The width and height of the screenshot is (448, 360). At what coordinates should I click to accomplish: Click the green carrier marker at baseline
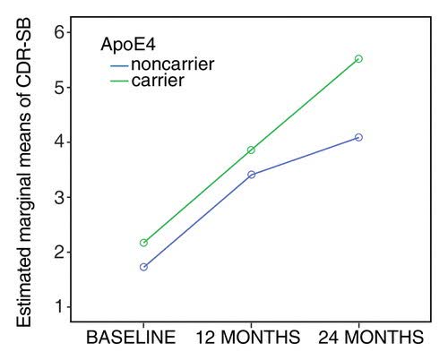(x=143, y=243)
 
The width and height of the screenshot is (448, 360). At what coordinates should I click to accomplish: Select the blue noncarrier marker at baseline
(x=143, y=267)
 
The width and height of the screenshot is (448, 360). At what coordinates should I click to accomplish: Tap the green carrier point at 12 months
(x=251, y=150)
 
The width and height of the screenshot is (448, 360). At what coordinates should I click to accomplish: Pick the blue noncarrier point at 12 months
(x=251, y=174)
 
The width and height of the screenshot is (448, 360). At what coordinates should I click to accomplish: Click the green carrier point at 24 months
(x=358, y=58)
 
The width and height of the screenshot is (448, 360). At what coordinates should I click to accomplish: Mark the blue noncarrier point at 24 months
(x=358, y=137)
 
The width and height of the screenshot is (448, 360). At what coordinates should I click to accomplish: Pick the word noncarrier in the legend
(x=174, y=64)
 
